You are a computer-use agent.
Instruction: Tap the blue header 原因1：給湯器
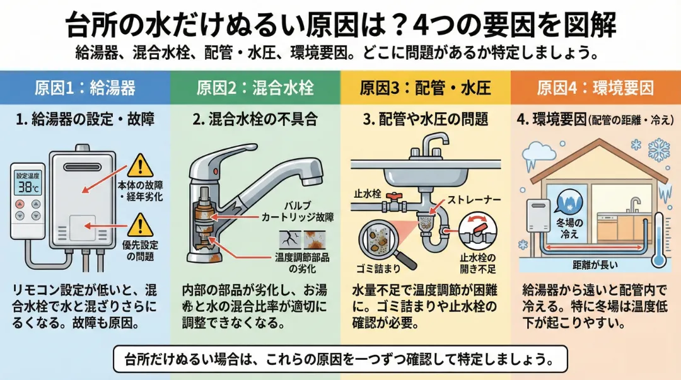tap(85, 87)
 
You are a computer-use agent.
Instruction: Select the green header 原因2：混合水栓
tap(255, 87)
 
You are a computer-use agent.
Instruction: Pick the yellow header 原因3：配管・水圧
tap(425, 87)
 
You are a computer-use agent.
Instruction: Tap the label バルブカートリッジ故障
tap(297, 211)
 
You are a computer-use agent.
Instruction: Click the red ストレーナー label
tap(474, 200)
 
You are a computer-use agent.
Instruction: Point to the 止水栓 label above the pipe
tap(368, 193)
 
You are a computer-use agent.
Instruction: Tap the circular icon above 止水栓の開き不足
tap(477, 232)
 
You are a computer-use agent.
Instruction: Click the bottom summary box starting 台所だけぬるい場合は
tap(340, 360)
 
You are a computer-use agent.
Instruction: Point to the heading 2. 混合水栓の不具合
tap(255, 120)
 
